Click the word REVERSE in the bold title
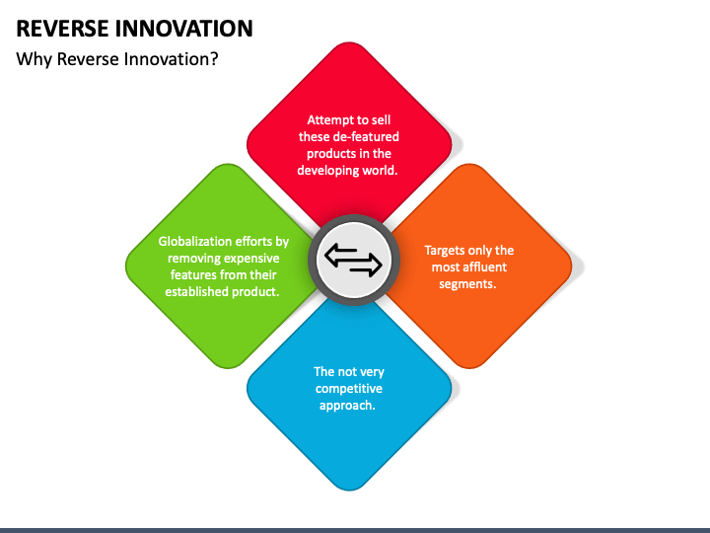click(62, 29)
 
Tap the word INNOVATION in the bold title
click(183, 29)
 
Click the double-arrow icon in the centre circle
click(353, 260)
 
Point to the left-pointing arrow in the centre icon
click(340, 255)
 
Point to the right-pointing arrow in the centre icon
click(366, 266)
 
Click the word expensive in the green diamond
click(252, 259)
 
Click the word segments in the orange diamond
click(467, 284)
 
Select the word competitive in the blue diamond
click(349, 389)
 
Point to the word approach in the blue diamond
click(347, 406)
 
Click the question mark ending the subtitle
click(214, 59)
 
